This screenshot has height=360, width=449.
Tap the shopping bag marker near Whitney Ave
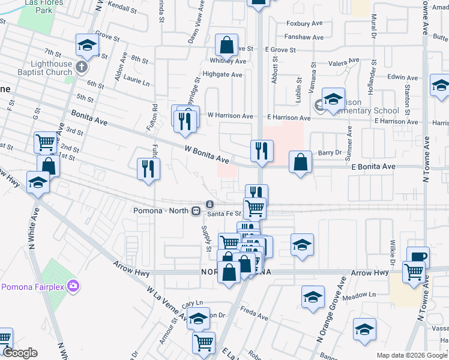coord(227,45)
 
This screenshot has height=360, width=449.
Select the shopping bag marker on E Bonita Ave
coord(300,162)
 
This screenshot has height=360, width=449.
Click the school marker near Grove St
coord(87,45)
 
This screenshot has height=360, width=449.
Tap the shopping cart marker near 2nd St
coord(45,143)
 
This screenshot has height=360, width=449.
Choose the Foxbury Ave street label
coord(306,24)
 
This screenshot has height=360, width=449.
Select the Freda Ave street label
coord(254,313)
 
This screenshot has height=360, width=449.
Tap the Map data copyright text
coord(412,355)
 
